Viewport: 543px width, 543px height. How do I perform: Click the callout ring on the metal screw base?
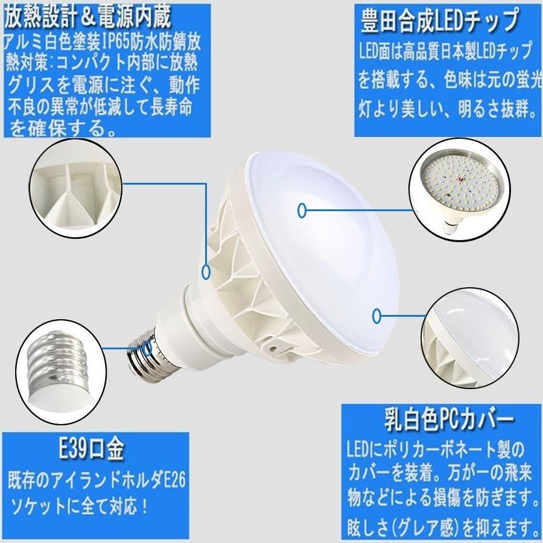click(148, 348)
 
